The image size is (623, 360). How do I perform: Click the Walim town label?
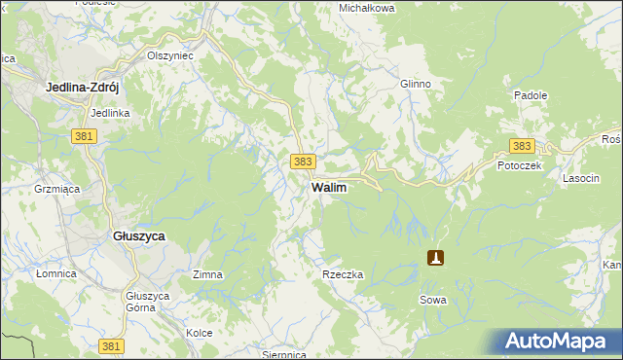point(328,186)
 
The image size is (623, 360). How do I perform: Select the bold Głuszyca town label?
point(139,236)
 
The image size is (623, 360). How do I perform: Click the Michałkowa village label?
point(366,8)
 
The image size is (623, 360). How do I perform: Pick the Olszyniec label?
point(170,56)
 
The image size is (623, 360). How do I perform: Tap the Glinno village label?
point(415,84)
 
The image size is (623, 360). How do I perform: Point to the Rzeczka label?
point(343,275)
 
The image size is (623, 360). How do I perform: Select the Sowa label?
point(434,300)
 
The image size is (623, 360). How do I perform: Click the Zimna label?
point(207,275)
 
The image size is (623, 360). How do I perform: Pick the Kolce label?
point(200,333)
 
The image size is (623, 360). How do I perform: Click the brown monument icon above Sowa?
point(436,258)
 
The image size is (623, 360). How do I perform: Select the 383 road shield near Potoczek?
point(522,146)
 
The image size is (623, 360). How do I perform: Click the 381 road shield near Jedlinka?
point(83,136)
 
